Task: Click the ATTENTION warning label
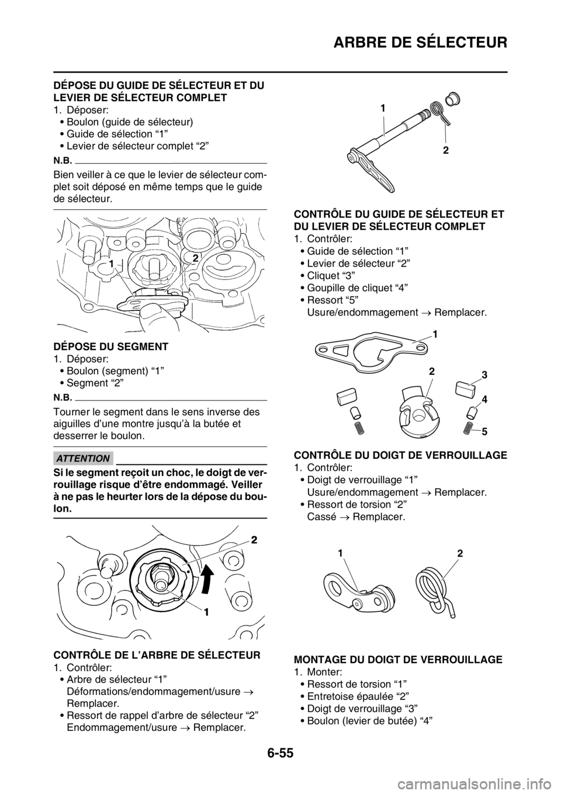(82, 458)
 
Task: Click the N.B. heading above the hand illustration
(62, 158)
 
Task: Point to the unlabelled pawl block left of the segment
(347, 398)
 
